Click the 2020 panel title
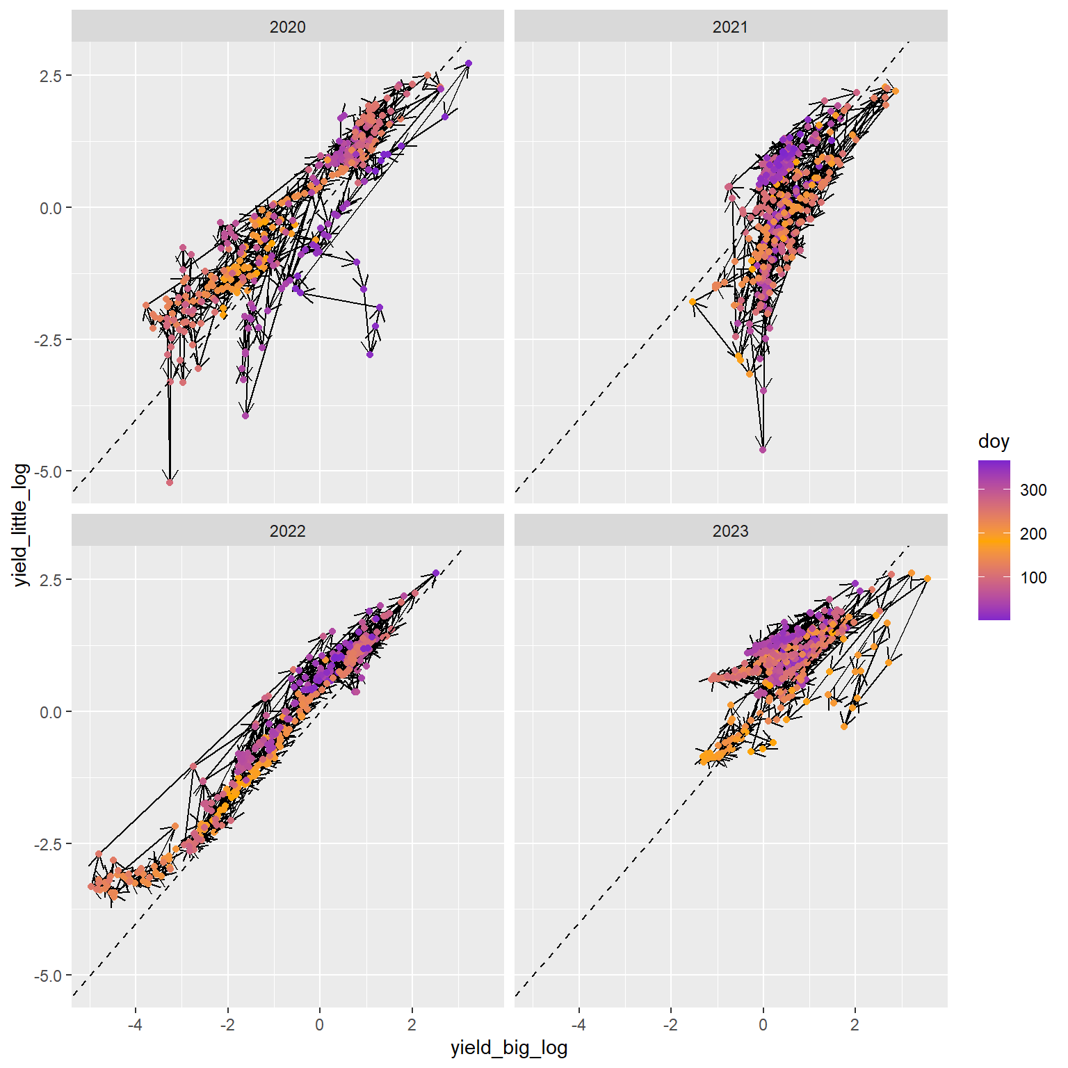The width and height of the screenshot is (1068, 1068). tap(287, 27)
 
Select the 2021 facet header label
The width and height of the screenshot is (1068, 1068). tap(730, 27)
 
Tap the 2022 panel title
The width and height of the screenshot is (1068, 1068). tap(287, 531)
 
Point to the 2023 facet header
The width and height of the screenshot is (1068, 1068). tap(730, 531)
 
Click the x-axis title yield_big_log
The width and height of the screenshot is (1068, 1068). tap(509, 1048)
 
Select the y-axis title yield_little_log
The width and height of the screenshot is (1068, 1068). tap(22, 525)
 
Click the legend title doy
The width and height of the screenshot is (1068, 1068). tap(993, 442)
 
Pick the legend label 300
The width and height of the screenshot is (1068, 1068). tap(1033, 490)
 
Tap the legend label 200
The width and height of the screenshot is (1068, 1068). tap(1033, 534)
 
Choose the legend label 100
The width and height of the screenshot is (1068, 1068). tap(1033, 578)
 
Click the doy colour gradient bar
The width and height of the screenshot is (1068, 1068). tap(994, 540)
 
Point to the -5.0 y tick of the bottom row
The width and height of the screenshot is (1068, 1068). tap(51, 976)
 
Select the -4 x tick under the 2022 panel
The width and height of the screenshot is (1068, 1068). tap(135, 1024)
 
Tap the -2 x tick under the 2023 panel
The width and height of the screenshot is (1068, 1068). tap(670, 1024)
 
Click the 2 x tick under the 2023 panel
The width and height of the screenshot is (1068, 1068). tap(855, 1024)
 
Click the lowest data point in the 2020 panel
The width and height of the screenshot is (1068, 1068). tap(170, 482)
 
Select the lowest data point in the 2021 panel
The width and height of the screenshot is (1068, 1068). tap(763, 450)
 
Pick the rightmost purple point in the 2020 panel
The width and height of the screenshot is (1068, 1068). tap(469, 63)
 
